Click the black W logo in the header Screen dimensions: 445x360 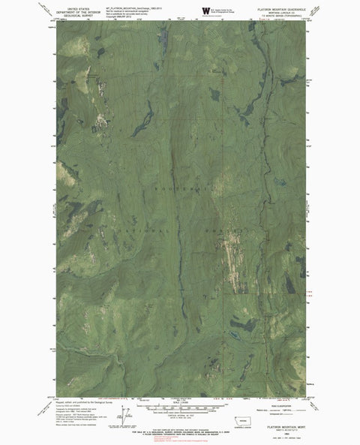click(x=206, y=11)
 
